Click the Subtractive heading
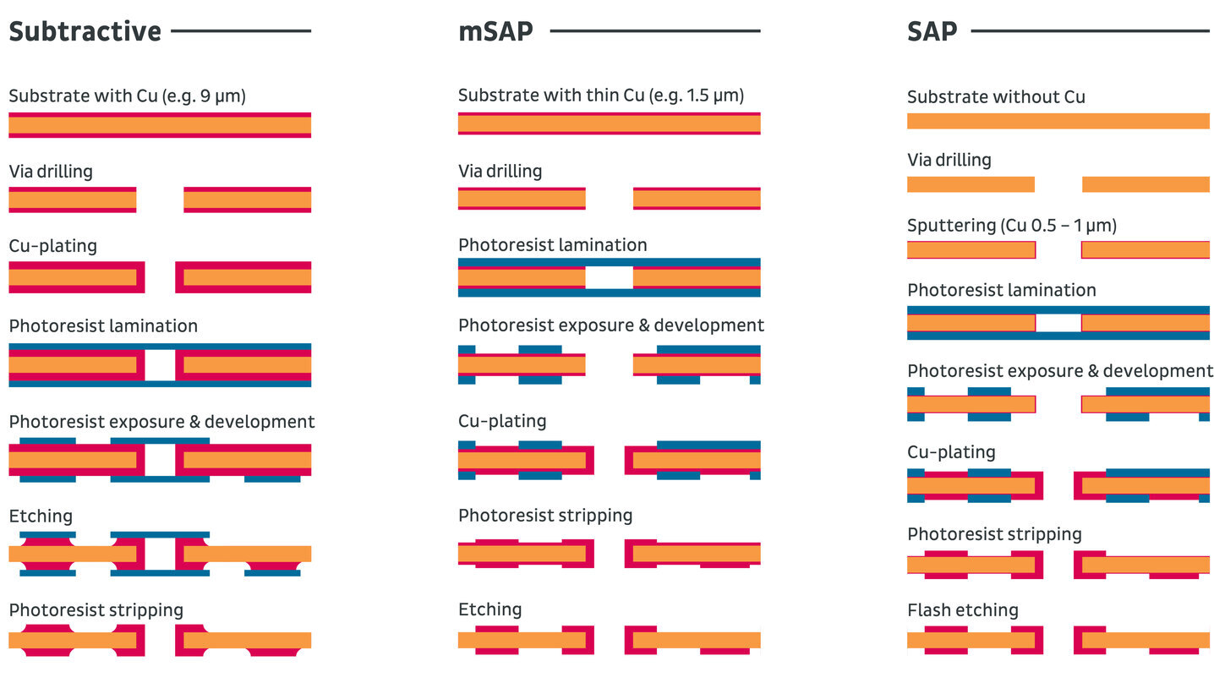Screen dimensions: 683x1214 click(x=85, y=31)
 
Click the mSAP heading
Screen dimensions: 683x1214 click(x=495, y=32)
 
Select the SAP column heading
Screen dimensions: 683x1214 click(x=932, y=32)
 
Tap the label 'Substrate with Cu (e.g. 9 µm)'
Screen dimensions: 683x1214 click(x=127, y=96)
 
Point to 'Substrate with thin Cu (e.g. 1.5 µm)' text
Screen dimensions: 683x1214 click(x=601, y=96)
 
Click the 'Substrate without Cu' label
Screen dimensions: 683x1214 click(x=995, y=97)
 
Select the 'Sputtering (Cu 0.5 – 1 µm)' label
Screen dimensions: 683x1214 click(x=1011, y=226)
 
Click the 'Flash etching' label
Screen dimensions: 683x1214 click(x=962, y=610)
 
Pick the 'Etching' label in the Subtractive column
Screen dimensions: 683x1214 click(x=41, y=516)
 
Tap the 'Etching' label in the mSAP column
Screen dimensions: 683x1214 click(x=489, y=609)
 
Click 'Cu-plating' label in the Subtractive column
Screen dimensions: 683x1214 click(x=52, y=246)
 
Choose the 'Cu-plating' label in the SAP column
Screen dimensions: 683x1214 click(x=951, y=452)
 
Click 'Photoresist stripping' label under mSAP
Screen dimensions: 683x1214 click(x=544, y=516)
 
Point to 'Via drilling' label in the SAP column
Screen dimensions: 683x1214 click(x=949, y=160)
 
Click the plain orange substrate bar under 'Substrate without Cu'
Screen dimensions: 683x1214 click(x=1058, y=121)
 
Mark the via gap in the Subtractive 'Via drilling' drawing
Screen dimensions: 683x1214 click(x=160, y=199)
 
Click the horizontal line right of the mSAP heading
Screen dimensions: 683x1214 click(x=654, y=31)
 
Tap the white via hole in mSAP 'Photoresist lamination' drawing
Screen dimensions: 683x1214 click(x=609, y=278)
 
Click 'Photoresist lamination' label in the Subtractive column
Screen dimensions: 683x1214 click(x=102, y=326)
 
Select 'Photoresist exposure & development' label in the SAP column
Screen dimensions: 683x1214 click(x=1059, y=371)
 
